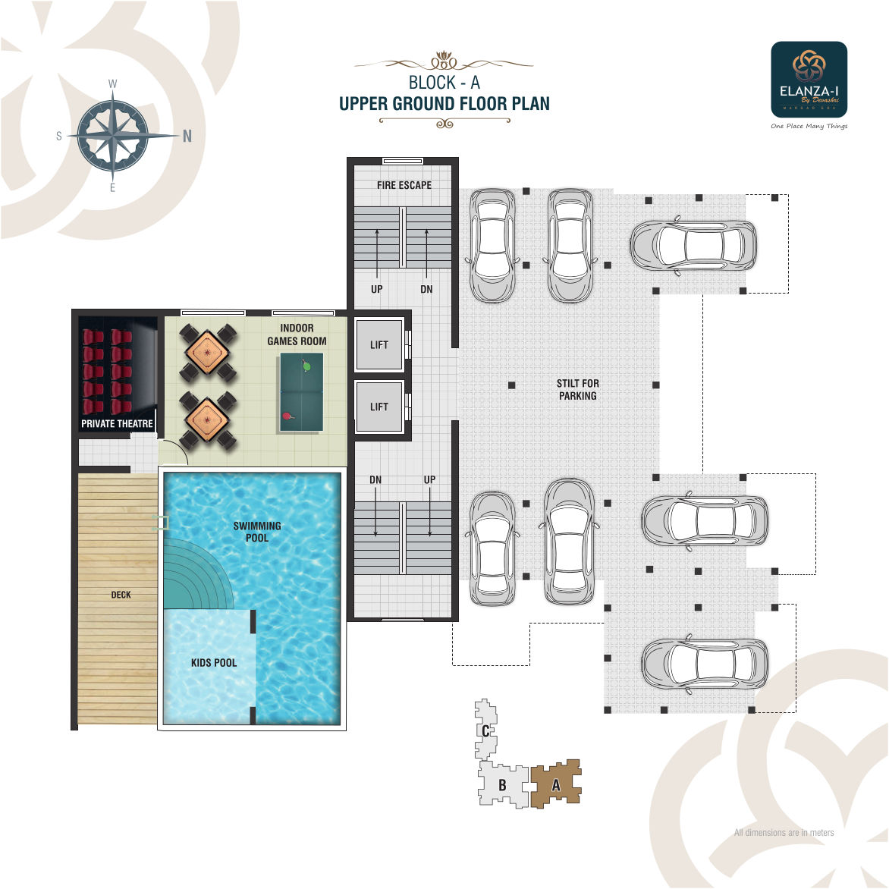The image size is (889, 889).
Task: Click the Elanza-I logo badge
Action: (x=809, y=79)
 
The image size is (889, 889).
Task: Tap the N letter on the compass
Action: (x=187, y=137)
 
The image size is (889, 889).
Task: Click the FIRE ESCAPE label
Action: (x=404, y=185)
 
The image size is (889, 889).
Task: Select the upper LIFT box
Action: (x=379, y=345)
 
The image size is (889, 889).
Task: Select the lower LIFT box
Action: (x=379, y=407)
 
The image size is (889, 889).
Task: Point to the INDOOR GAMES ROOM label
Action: (x=297, y=335)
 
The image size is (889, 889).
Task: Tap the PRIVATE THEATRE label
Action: (x=117, y=423)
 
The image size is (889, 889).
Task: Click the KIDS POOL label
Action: (x=214, y=663)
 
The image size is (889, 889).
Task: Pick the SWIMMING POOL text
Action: (x=257, y=531)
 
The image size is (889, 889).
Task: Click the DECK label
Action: (x=121, y=595)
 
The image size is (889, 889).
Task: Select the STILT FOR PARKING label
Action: (x=577, y=389)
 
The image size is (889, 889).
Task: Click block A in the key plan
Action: (x=556, y=785)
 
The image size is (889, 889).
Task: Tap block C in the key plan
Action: (x=485, y=730)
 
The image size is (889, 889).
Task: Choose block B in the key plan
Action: (x=502, y=785)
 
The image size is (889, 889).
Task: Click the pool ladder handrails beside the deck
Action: (x=161, y=522)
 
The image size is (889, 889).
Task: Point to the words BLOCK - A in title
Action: (x=444, y=82)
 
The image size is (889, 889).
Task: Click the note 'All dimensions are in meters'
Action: (x=784, y=832)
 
